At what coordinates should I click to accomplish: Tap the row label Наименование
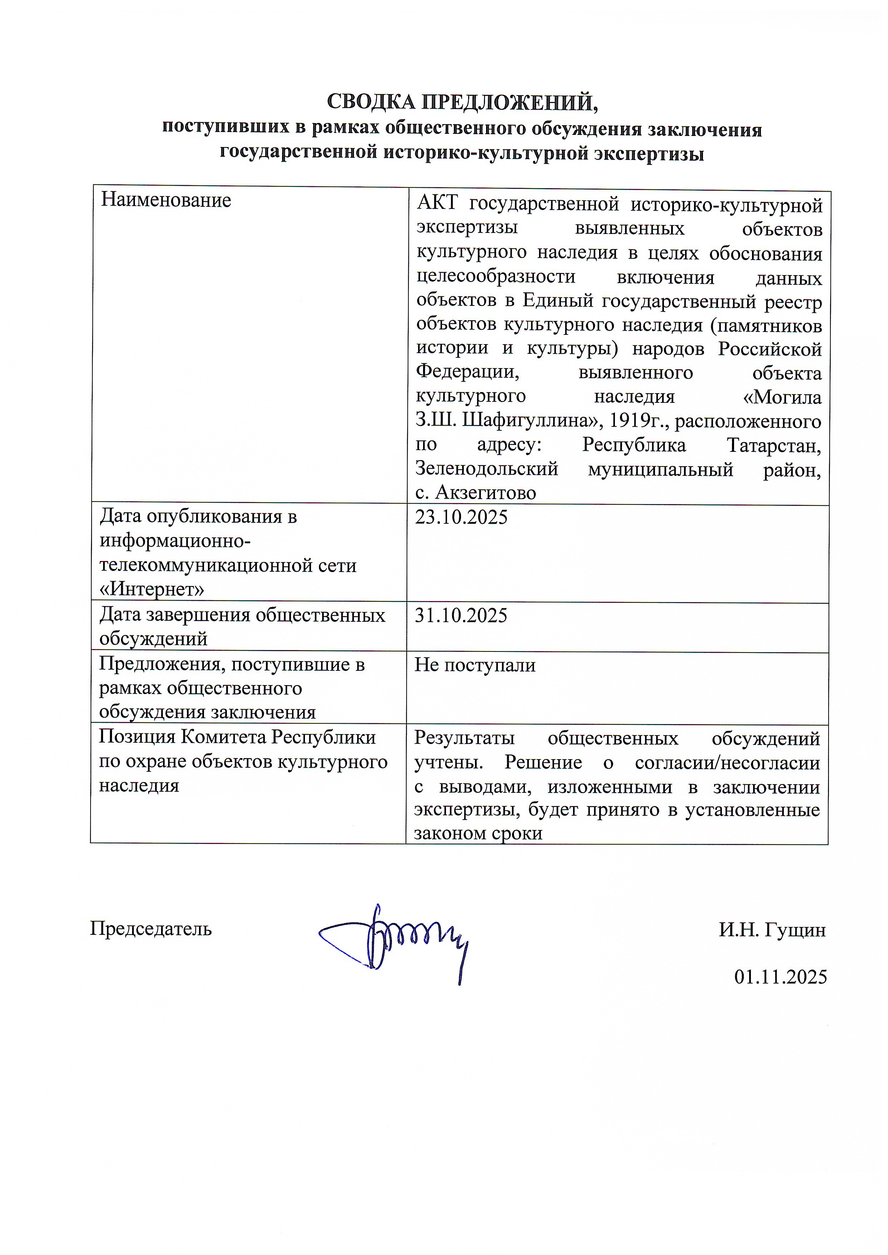[166, 201]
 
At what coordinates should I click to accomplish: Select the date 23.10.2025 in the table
[461, 517]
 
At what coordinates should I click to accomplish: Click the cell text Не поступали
[474, 665]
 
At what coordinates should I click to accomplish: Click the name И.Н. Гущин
[772, 930]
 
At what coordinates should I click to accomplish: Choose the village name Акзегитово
[486, 493]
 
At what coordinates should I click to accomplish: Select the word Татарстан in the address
[774, 445]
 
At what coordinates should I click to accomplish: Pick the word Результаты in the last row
[464, 738]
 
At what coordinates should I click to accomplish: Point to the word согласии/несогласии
[727, 762]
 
